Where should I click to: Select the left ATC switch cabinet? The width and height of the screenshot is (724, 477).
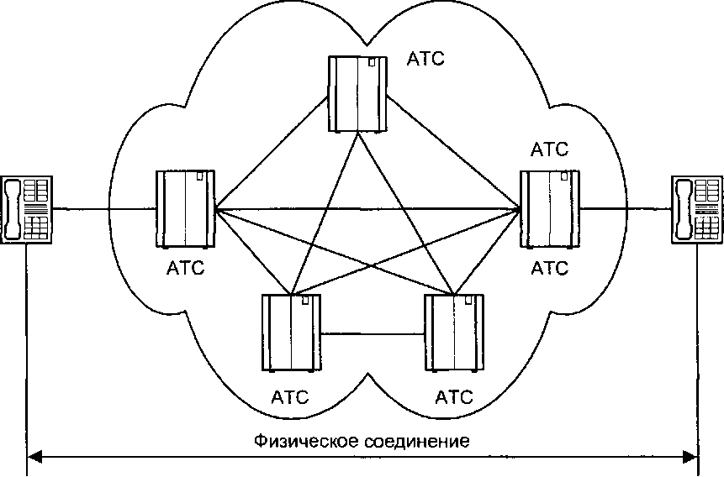pyautogui.click(x=184, y=209)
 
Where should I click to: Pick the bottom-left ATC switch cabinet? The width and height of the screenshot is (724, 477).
pyautogui.click(x=291, y=333)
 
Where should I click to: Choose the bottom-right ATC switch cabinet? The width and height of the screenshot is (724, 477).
pyautogui.click(x=455, y=333)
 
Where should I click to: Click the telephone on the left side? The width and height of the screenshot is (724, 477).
pyautogui.click(x=27, y=209)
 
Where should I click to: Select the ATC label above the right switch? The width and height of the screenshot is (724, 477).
pyautogui.click(x=550, y=150)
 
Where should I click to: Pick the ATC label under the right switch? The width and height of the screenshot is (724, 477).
pyautogui.click(x=550, y=269)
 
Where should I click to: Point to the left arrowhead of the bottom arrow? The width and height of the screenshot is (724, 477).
pyautogui.click(x=35, y=458)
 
